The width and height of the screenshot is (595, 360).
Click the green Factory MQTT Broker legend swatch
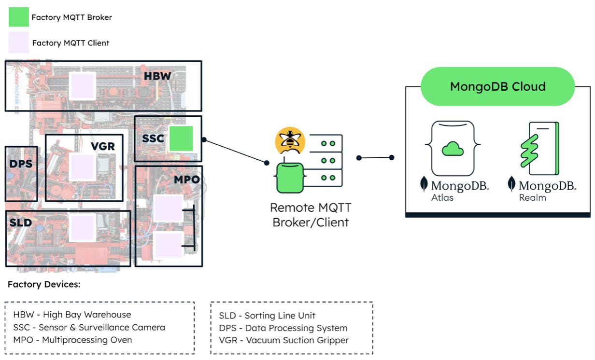(x=18, y=17)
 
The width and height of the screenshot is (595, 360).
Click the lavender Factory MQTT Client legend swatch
(x=18, y=42)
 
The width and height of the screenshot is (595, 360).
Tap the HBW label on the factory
(x=157, y=76)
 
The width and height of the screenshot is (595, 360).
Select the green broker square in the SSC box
(x=182, y=138)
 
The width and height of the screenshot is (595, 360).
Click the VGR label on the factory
(x=103, y=146)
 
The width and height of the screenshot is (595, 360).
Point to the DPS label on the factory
(x=21, y=164)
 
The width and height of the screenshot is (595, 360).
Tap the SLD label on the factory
(x=20, y=223)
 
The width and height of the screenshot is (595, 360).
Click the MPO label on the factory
(x=187, y=180)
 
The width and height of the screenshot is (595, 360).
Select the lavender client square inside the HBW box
(x=83, y=86)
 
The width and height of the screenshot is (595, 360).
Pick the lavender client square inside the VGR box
(x=82, y=167)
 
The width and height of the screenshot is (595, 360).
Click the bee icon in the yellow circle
(x=290, y=140)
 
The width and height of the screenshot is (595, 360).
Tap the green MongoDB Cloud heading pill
(x=497, y=87)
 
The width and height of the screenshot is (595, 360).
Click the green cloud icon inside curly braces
(x=453, y=148)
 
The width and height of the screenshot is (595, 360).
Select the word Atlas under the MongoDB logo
(x=442, y=197)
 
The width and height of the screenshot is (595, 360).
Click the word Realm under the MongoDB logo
(x=532, y=197)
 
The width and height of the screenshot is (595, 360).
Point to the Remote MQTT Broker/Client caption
(x=311, y=215)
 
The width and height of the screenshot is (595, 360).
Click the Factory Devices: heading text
(x=44, y=284)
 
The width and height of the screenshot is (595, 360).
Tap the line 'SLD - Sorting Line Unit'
(x=267, y=316)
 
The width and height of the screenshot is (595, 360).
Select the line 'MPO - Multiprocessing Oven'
(x=72, y=340)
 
